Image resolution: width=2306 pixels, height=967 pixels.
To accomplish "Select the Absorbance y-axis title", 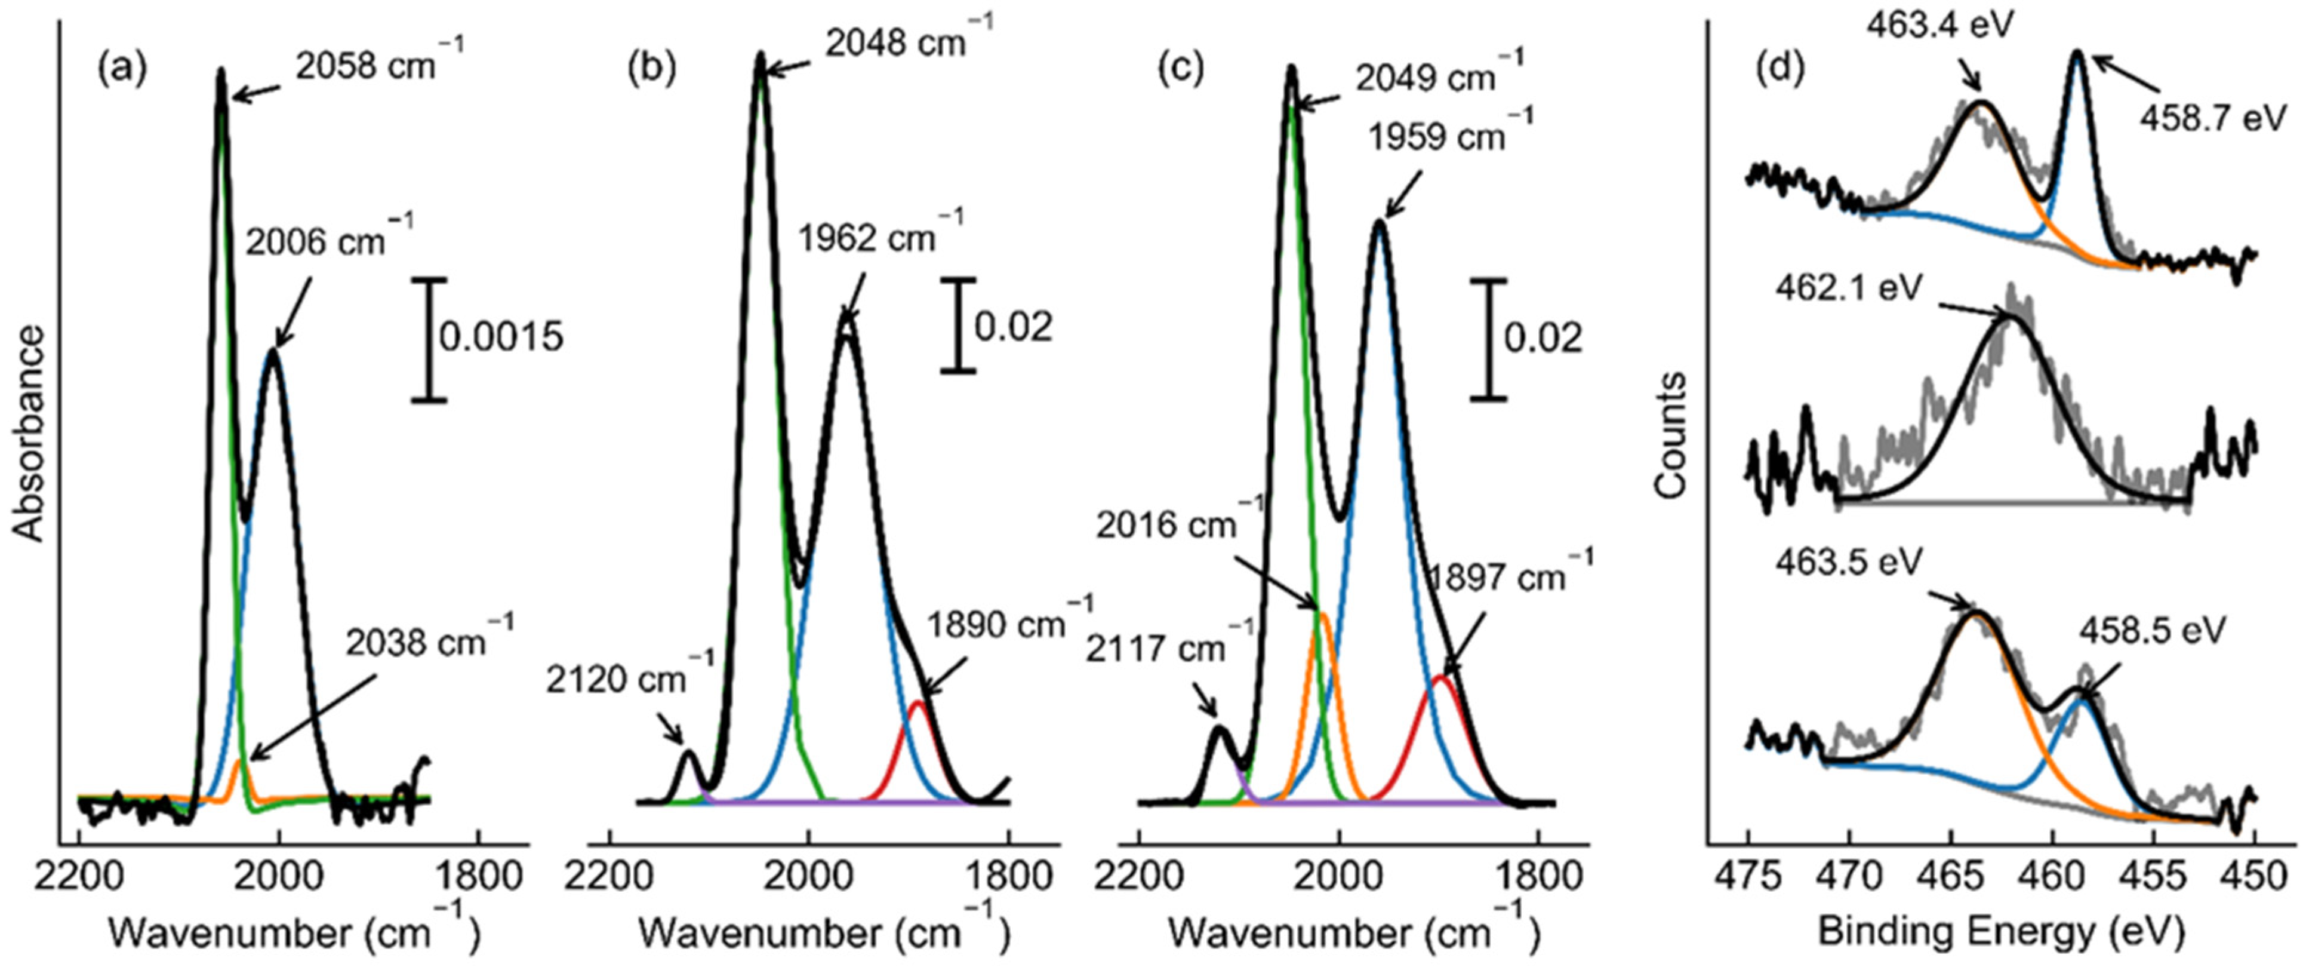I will [x=29, y=434].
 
